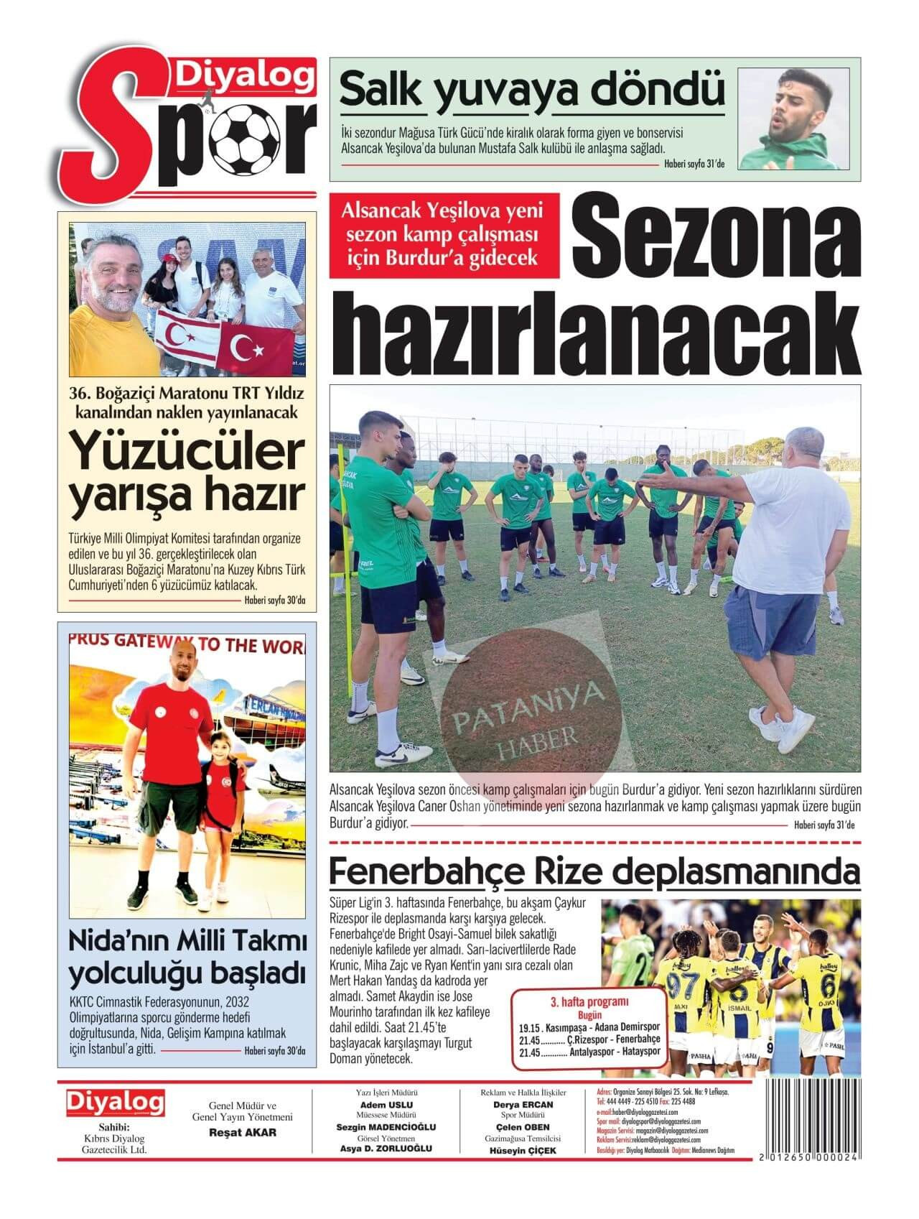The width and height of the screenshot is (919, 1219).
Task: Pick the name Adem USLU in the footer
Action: pyautogui.click(x=386, y=1105)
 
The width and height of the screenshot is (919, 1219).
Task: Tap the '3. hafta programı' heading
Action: pyautogui.click(x=589, y=1001)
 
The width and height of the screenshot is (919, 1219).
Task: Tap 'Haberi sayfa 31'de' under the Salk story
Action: pyautogui.click(x=694, y=164)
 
